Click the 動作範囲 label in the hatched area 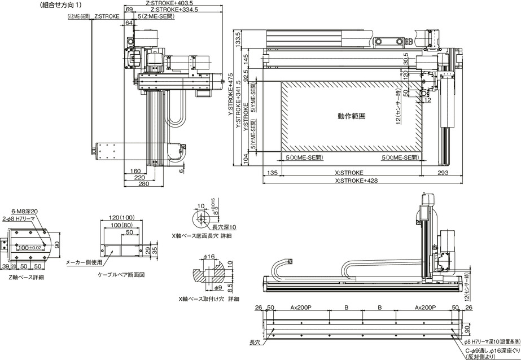click(352, 116)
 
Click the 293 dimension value click(444, 173)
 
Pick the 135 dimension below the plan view click(272, 173)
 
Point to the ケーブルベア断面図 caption click(121, 275)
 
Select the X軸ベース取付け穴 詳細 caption click(208, 298)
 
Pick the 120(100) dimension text click(121, 217)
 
